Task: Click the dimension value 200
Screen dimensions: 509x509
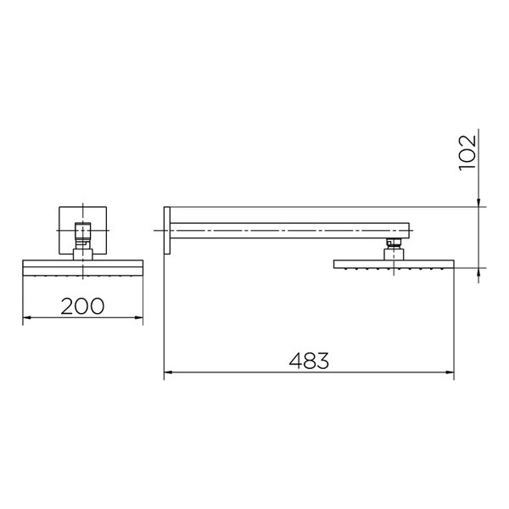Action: tap(82, 305)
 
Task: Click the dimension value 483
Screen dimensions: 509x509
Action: tap(309, 361)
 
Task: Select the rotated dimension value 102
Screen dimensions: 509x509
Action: tap(467, 152)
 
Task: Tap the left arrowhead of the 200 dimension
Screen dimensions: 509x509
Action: tap(26, 317)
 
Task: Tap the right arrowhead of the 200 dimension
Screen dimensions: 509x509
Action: tap(139, 317)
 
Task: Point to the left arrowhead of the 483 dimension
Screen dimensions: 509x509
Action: tap(168, 372)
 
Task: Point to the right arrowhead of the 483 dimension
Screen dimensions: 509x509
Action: tap(450, 372)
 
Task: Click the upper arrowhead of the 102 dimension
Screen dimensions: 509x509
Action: tap(478, 203)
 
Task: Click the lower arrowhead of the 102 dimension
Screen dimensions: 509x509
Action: tap(478, 272)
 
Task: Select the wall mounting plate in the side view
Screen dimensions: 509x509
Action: tap(167, 230)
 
